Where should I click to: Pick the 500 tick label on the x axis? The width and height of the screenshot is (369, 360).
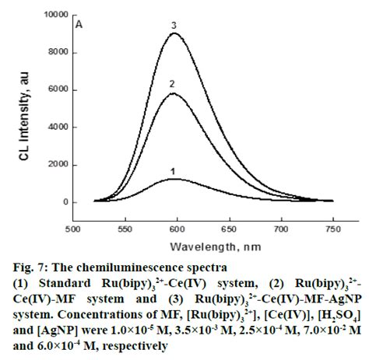click(x=72, y=230)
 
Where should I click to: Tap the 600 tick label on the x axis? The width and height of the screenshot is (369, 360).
click(x=177, y=230)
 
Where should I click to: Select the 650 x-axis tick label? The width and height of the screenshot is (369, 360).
click(x=229, y=230)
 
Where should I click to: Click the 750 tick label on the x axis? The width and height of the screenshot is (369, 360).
click(x=332, y=230)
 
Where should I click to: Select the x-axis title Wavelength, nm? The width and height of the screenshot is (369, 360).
click(x=202, y=245)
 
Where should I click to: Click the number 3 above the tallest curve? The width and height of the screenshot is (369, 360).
click(x=175, y=25)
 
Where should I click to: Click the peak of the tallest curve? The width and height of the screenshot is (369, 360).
click(x=175, y=33)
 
